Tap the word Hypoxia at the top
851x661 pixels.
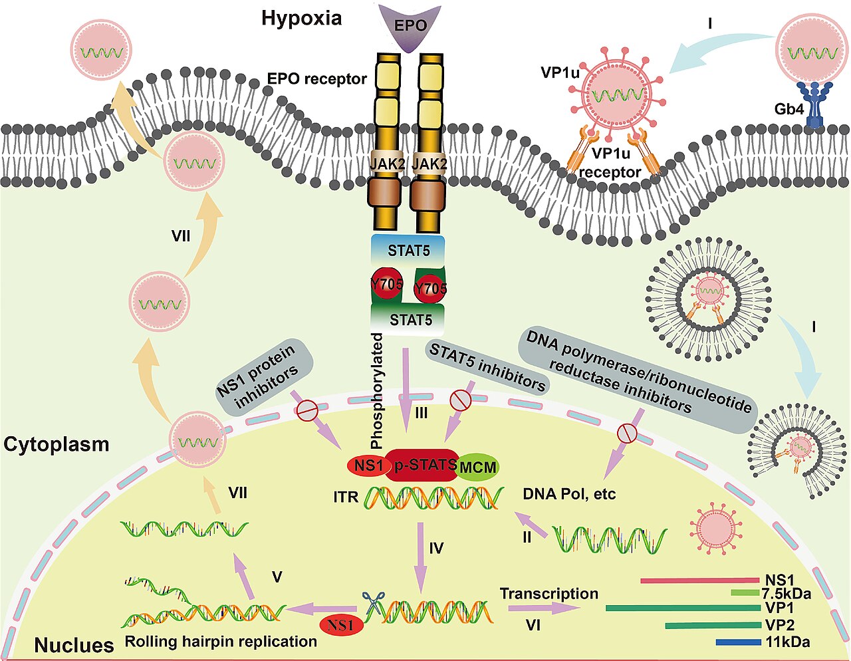302,18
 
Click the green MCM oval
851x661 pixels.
477,467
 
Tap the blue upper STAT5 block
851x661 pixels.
408,250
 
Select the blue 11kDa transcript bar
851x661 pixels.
738,642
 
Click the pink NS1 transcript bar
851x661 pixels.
700,581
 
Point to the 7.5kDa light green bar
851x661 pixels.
745,593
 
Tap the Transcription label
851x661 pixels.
548,594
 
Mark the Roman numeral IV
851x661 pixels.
436,548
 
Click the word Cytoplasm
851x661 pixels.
56,445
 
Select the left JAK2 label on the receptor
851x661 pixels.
387,164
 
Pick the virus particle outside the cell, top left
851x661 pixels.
103,51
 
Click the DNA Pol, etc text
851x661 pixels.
569,494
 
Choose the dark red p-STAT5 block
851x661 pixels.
424,465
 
